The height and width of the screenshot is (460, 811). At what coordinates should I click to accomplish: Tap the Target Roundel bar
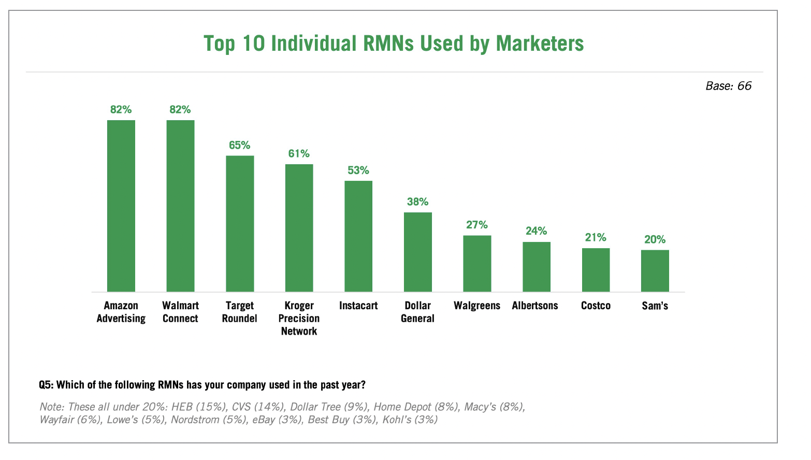point(240,223)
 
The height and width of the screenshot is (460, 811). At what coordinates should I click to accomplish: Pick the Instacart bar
point(358,236)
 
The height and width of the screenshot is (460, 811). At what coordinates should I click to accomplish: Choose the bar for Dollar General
point(418,252)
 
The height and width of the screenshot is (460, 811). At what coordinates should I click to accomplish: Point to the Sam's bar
point(655,270)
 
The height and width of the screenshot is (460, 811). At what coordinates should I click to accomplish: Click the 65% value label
point(240,145)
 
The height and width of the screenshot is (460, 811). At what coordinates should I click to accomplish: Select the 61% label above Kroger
point(299,153)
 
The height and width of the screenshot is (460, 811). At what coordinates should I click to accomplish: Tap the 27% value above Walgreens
point(477,225)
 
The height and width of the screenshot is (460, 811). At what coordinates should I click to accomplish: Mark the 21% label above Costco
point(596,237)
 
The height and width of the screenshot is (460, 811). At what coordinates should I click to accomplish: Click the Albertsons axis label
point(535,306)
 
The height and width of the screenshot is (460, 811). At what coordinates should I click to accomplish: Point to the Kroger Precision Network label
point(299,318)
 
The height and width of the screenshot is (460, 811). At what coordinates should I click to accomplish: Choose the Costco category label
point(596,306)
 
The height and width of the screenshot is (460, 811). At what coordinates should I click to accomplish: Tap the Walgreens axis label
point(477,306)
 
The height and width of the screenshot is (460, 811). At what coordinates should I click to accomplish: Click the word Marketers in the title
point(540,44)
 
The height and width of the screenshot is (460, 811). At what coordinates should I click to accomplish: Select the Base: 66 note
point(728,86)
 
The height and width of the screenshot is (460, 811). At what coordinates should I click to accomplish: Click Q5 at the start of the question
point(46,385)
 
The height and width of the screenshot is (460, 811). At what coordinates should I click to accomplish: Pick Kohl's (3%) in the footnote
point(410,420)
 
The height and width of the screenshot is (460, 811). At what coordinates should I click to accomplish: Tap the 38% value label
point(418,202)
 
